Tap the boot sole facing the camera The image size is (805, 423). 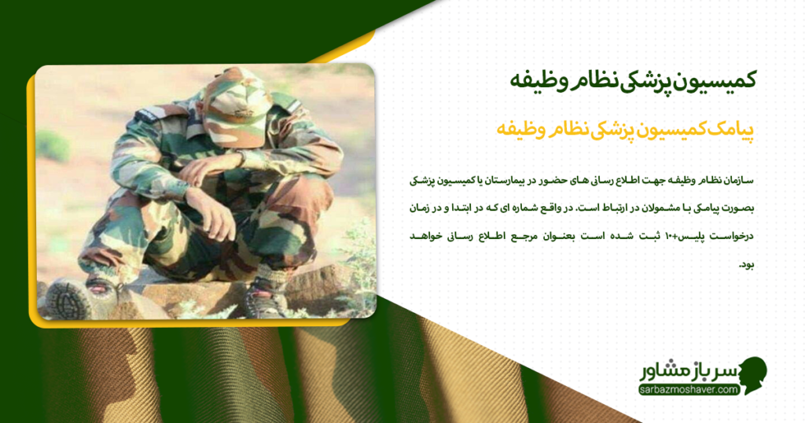[x=65, y=300]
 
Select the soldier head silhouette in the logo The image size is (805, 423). [x=751, y=375]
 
